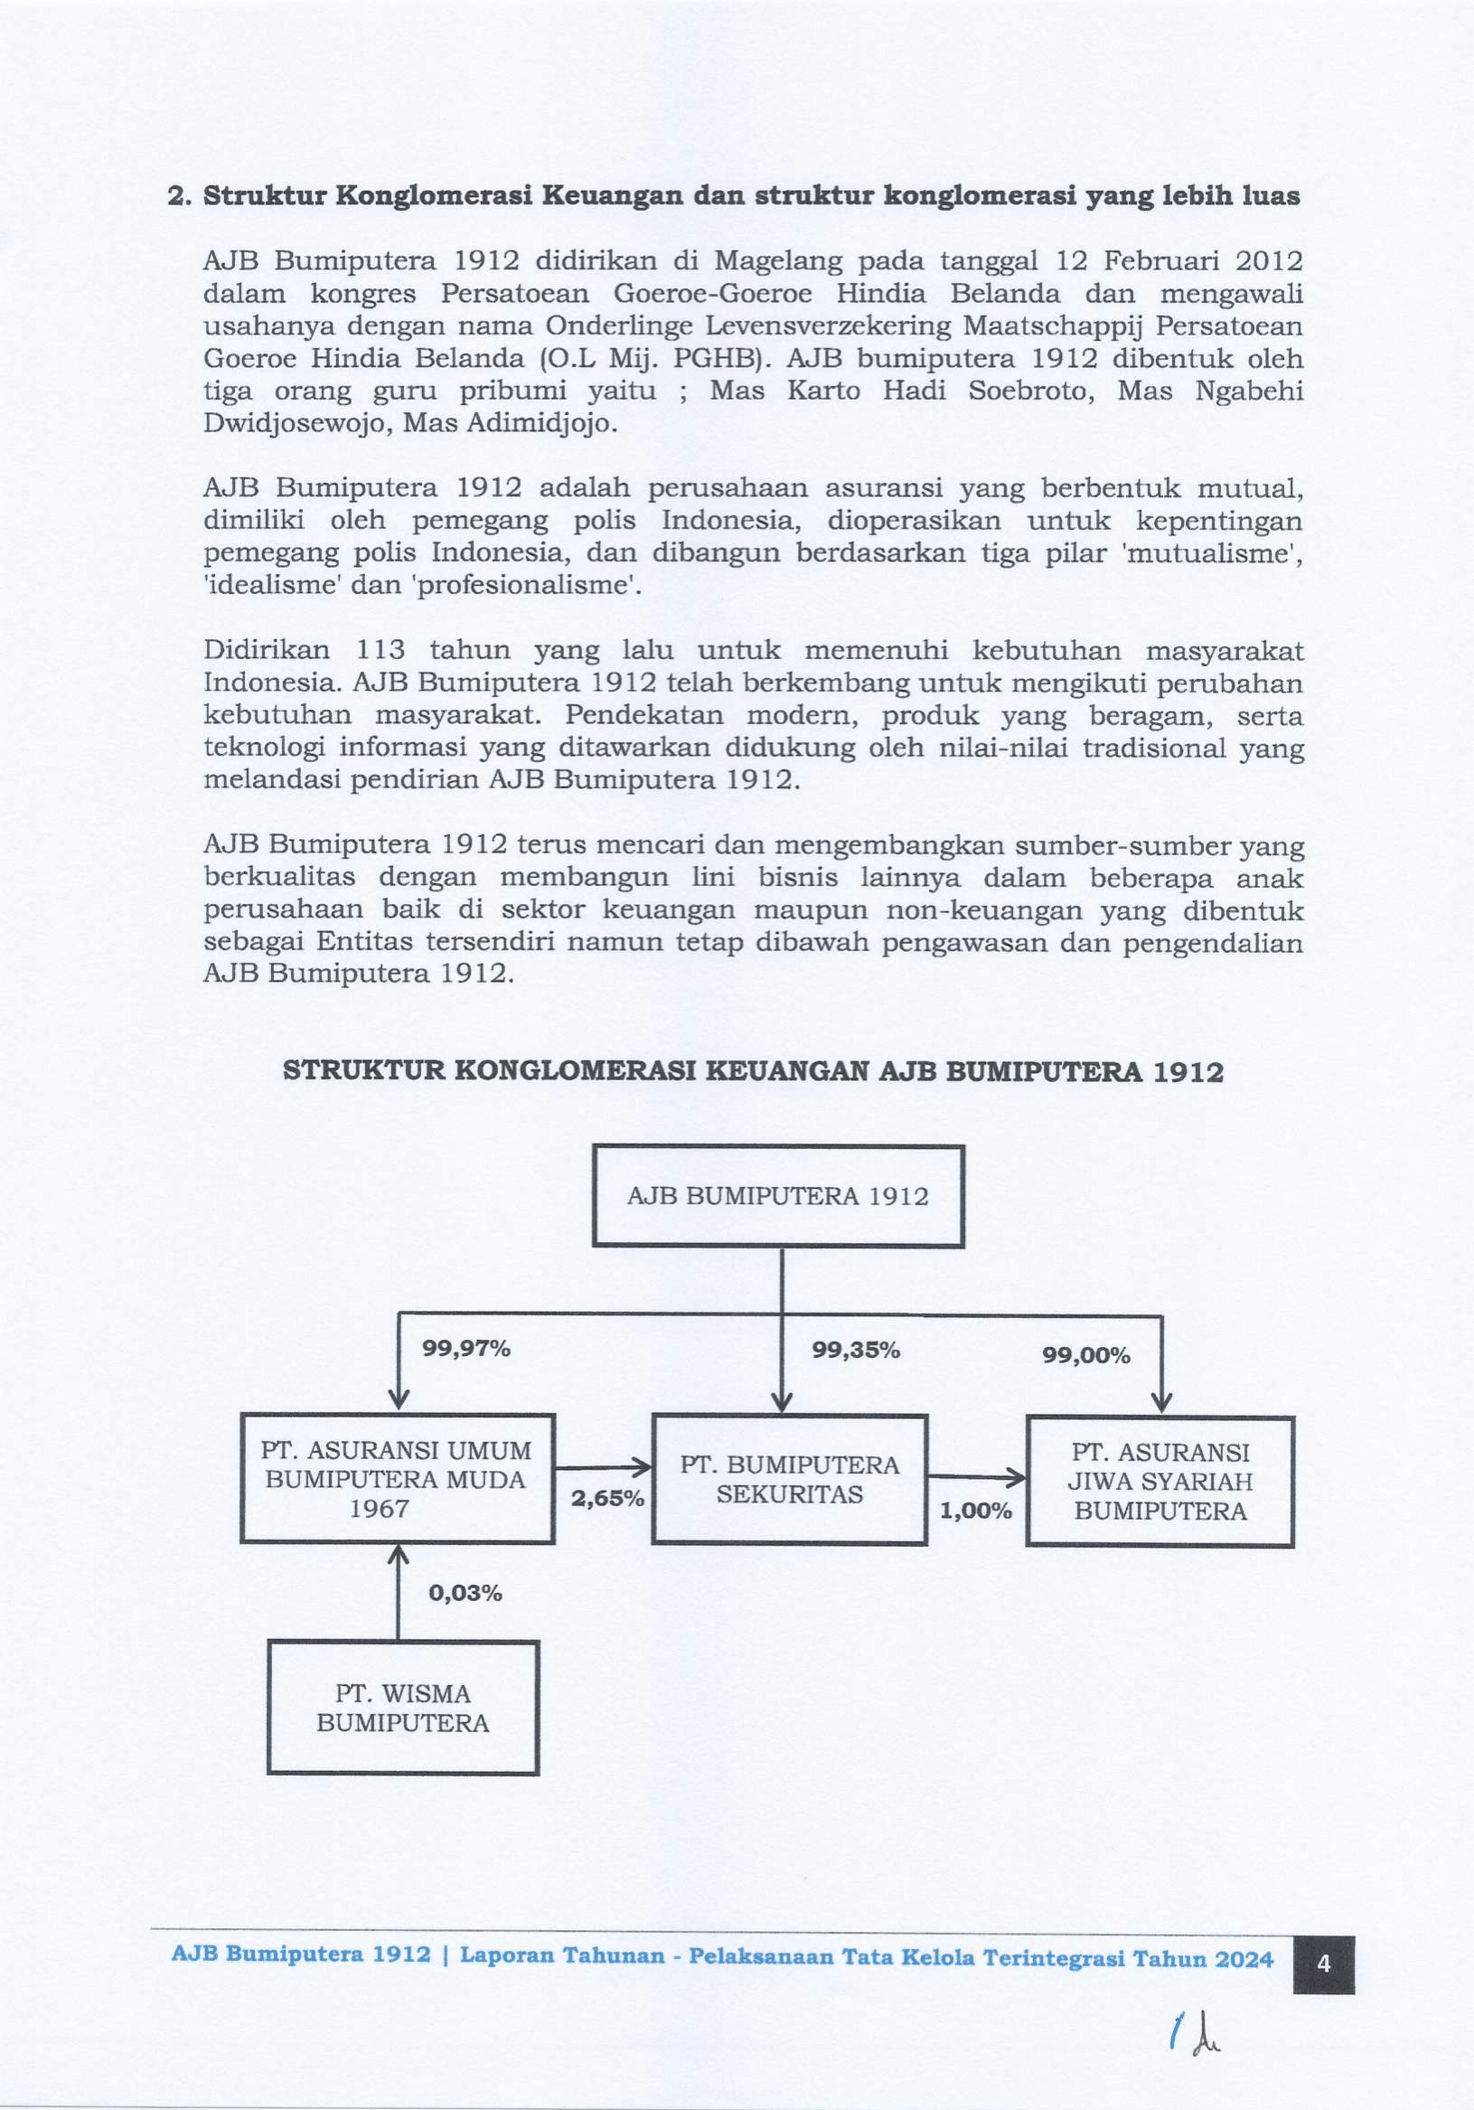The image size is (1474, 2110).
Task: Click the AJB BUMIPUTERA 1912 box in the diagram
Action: click(x=777, y=1196)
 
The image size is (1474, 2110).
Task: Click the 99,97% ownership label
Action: click(x=466, y=1348)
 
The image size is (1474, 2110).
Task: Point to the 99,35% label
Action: click(x=856, y=1350)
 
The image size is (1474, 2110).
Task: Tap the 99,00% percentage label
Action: click(x=1085, y=1355)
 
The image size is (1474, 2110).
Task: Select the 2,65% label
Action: click(x=607, y=1499)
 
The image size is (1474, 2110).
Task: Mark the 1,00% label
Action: click(x=975, y=1510)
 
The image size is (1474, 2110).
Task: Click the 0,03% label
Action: click(x=465, y=1594)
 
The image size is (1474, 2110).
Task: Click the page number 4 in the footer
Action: click(x=1323, y=1964)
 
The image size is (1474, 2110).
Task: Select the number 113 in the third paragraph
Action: click(x=380, y=650)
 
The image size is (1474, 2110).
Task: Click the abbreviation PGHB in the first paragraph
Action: click(x=718, y=358)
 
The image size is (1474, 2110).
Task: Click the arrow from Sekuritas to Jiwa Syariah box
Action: click(x=976, y=1478)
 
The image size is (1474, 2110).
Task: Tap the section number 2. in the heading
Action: click(x=178, y=196)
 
